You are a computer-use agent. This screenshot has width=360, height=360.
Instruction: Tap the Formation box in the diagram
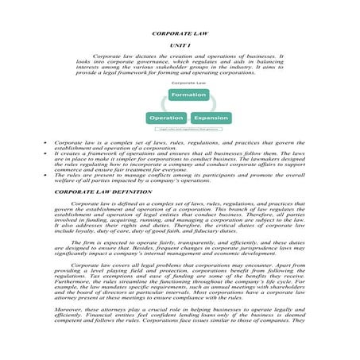(188, 95)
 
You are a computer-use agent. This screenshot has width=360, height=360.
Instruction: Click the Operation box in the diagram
(167, 118)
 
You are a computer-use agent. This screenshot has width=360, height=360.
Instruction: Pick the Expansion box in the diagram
(211, 118)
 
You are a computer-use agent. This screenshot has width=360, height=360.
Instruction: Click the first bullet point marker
(45, 141)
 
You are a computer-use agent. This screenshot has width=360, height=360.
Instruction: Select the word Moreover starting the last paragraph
(68, 308)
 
